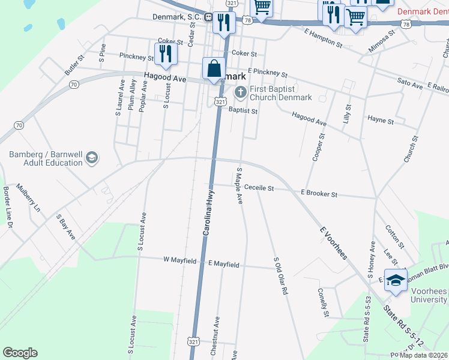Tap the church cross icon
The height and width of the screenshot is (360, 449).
[241, 92]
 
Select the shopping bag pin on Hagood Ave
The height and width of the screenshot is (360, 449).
[214, 70]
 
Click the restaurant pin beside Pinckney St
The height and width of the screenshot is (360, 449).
[164, 54]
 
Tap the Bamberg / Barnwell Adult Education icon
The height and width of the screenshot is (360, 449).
[92, 158]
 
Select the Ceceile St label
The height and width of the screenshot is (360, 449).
[259, 188]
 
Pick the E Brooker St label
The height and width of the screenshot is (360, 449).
[319, 194]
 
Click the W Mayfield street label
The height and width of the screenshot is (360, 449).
[180, 260]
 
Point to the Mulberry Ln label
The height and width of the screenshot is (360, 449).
[28, 198]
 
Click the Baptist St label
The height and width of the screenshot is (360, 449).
[243, 111]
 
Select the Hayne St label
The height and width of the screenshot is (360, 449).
[381, 121]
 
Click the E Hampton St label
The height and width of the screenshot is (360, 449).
[323, 37]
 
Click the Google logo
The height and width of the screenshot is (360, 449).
[20, 353]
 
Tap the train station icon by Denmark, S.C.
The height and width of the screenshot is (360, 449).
[208, 17]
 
